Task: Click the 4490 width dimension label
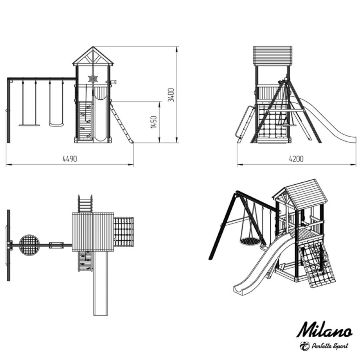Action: coord(70,159)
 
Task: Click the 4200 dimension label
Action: coord(296,159)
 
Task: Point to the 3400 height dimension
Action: coord(171,94)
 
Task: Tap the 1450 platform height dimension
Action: coord(154,122)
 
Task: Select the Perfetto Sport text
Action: coord(330,346)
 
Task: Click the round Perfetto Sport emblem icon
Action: coord(305,346)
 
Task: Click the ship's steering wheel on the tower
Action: coord(93,79)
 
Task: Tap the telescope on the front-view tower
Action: coord(111,82)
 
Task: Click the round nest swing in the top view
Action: coord(29,245)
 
